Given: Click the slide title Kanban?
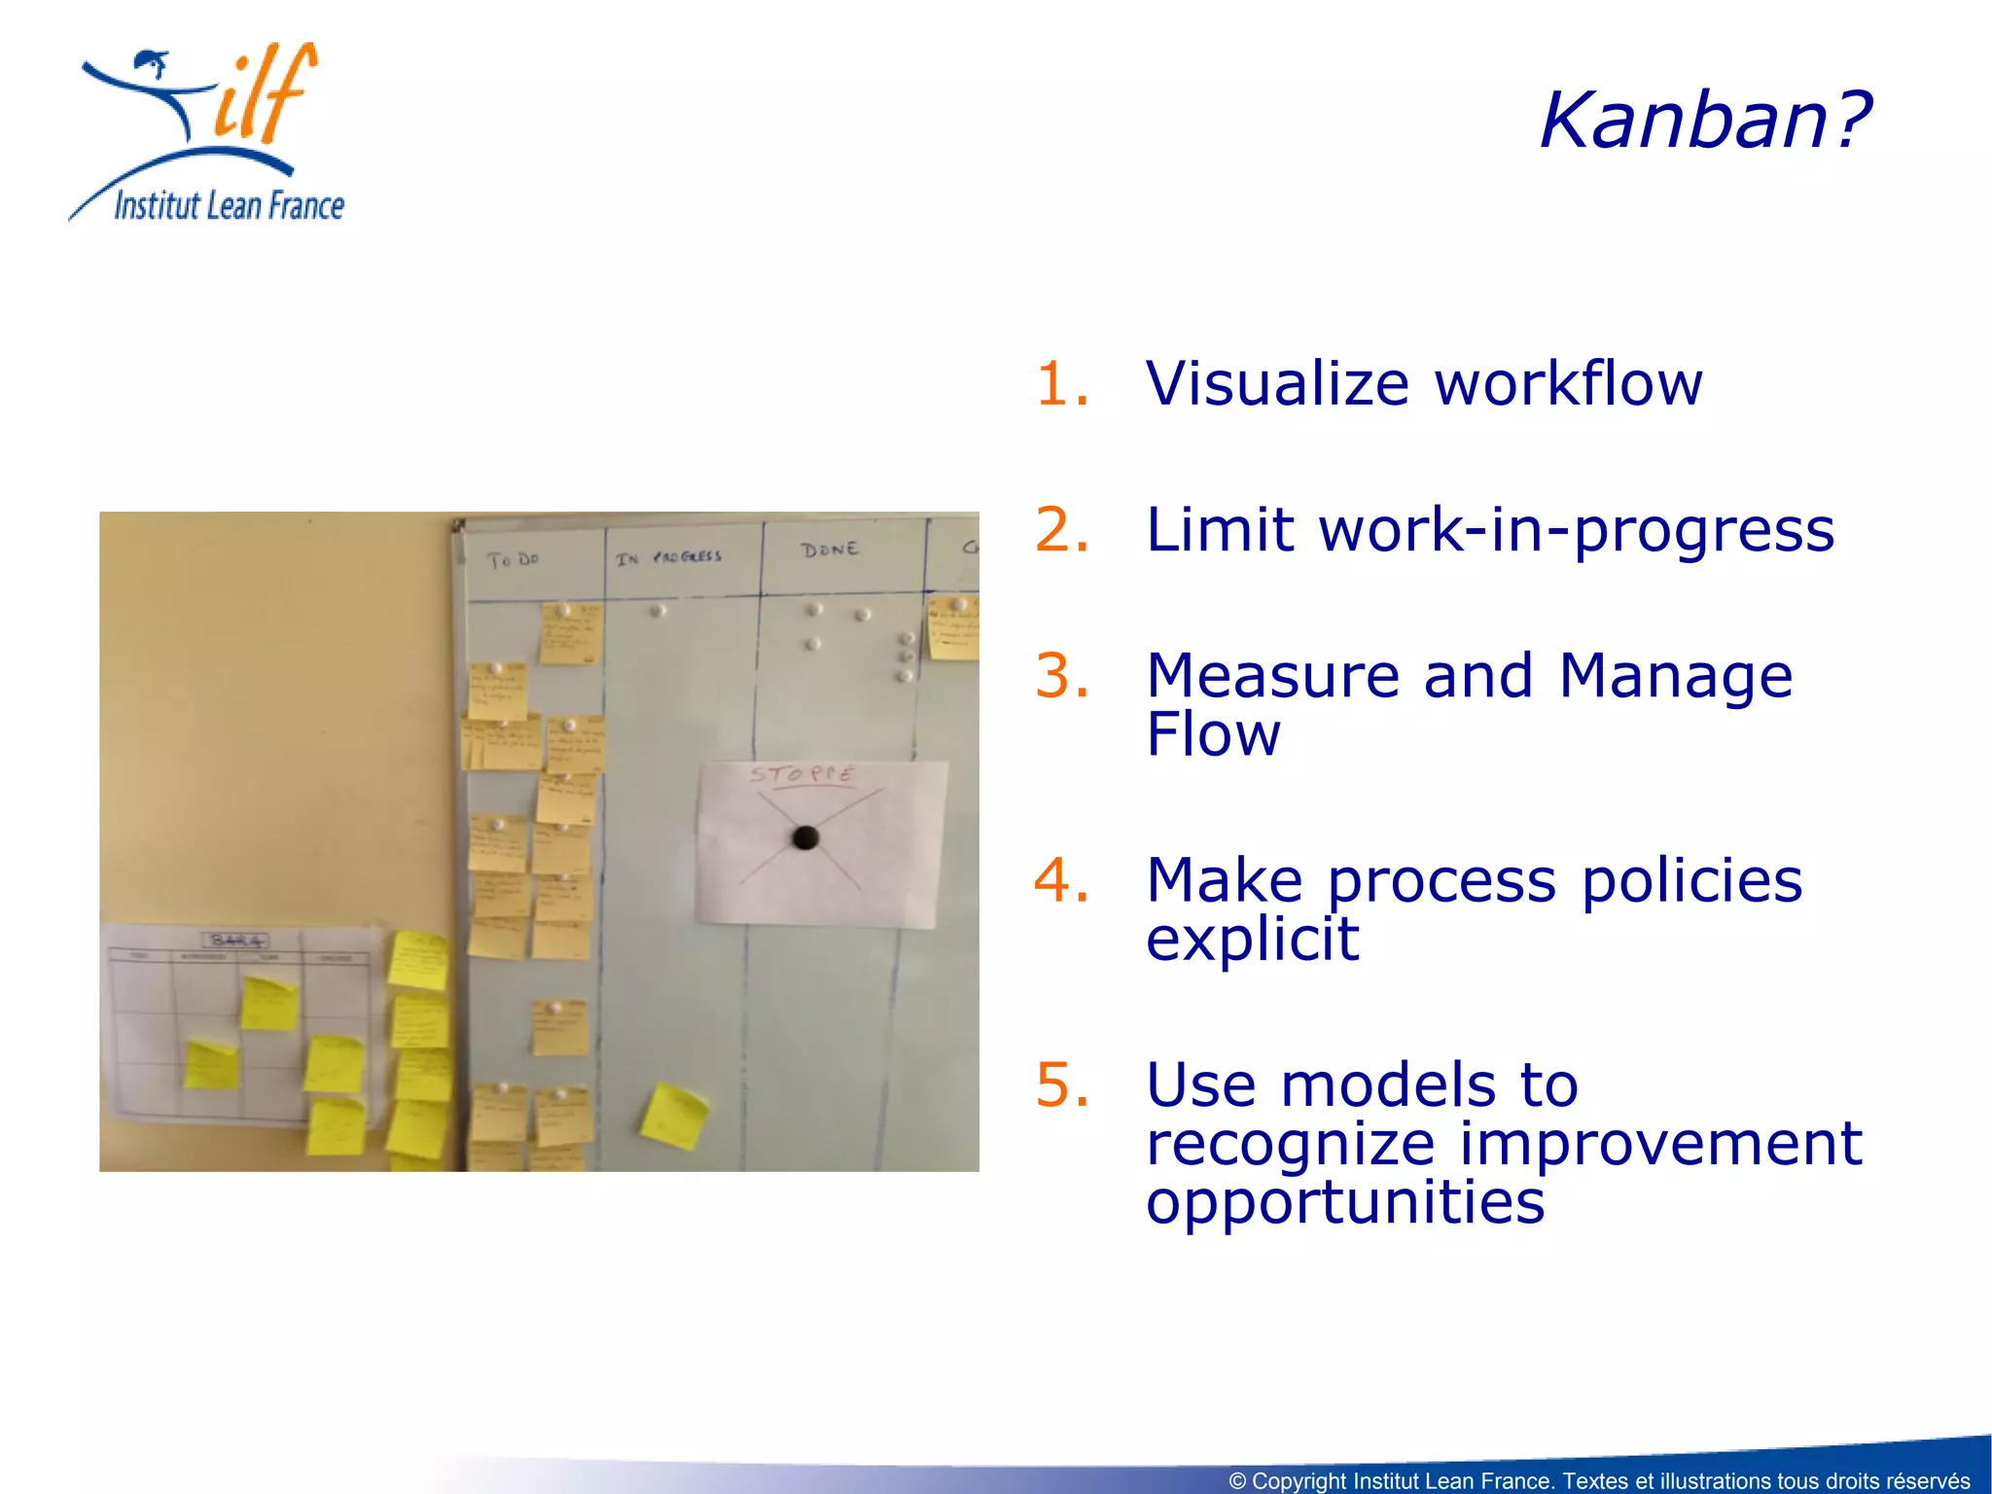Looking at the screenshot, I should click(x=1704, y=121).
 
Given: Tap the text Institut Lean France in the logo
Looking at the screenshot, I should click(x=229, y=206).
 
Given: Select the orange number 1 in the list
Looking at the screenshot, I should click(x=1061, y=383).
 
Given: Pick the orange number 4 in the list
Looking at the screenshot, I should click(x=1061, y=880).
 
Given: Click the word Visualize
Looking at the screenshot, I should click(x=1277, y=383).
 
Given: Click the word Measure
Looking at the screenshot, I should click(x=1273, y=676).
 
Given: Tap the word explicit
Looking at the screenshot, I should click(x=1252, y=940).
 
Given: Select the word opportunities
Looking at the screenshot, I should click(x=1345, y=1203).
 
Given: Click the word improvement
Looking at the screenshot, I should click(x=1660, y=1144).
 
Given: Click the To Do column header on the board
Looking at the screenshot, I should click(x=512, y=560).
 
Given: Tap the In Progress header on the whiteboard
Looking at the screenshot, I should click(x=668, y=557).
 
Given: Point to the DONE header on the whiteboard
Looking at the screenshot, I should click(x=830, y=550).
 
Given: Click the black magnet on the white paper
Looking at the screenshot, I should click(x=805, y=837).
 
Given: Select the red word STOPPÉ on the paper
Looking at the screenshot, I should click(x=801, y=774).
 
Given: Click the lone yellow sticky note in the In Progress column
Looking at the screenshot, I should click(x=673, y=1115).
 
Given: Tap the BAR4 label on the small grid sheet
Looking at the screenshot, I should click(x=236, y=940).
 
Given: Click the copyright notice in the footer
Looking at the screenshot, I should click(x=1598, y=1480).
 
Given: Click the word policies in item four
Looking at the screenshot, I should click(x=1691, y=880).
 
